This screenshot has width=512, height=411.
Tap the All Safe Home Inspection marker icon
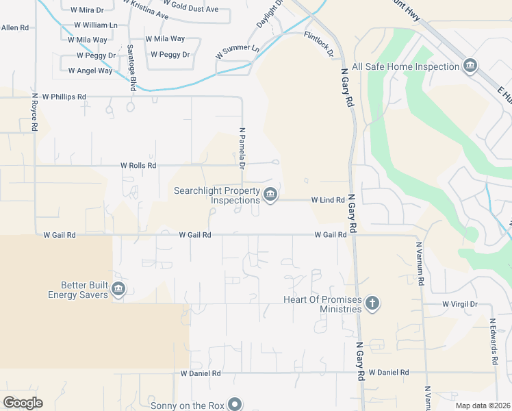point(470,66)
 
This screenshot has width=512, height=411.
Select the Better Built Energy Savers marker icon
point(118,290)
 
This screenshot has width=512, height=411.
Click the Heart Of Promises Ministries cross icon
point(372,303)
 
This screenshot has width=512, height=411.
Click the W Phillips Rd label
point(64,97)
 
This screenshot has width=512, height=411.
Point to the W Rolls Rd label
point(138,166)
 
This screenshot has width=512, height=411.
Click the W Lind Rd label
point(328,200)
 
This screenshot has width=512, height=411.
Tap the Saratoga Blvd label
point(131,68)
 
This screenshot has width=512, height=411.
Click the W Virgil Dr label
point(459,303)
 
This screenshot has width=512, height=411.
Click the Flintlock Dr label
point(319,43)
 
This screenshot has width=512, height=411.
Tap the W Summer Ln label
point(238,50)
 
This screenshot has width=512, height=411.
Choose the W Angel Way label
point(90,71)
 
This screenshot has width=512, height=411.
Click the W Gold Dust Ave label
point(191,9)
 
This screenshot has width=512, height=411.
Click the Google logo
point(23,403)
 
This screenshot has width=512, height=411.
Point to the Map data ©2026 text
point(483,406)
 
